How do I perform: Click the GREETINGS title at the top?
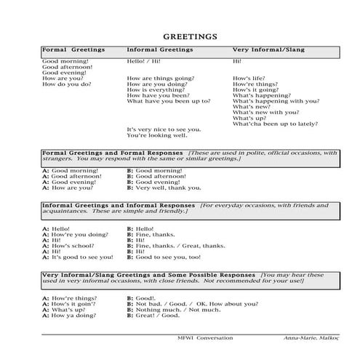[x=180, y=34]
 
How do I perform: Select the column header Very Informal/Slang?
[x=268, y=50]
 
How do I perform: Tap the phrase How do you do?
[x=67, y=84]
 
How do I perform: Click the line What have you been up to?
[x=169, y=101]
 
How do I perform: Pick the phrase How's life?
[x=247, y=78]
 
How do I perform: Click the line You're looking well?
[x=157, y=135]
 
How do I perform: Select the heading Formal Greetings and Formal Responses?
[x=113, y=153]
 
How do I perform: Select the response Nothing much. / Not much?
[x=168, y=310]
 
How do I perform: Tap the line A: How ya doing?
[x=70, y=316]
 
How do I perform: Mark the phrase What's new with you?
[x=265, y=113]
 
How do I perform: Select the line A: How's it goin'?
[x=71, y=304]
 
